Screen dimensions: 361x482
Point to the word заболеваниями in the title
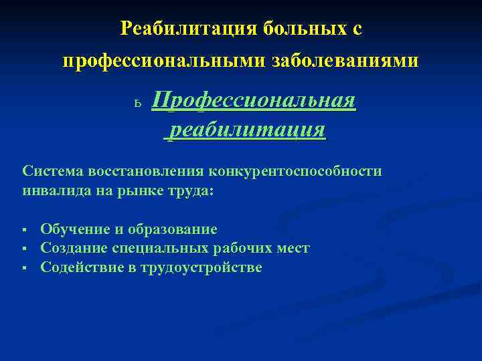[345, 61]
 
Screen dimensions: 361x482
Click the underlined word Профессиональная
[254, 101]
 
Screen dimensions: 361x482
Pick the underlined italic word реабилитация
[246, 128]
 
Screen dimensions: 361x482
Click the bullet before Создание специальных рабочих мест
[23, 249]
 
